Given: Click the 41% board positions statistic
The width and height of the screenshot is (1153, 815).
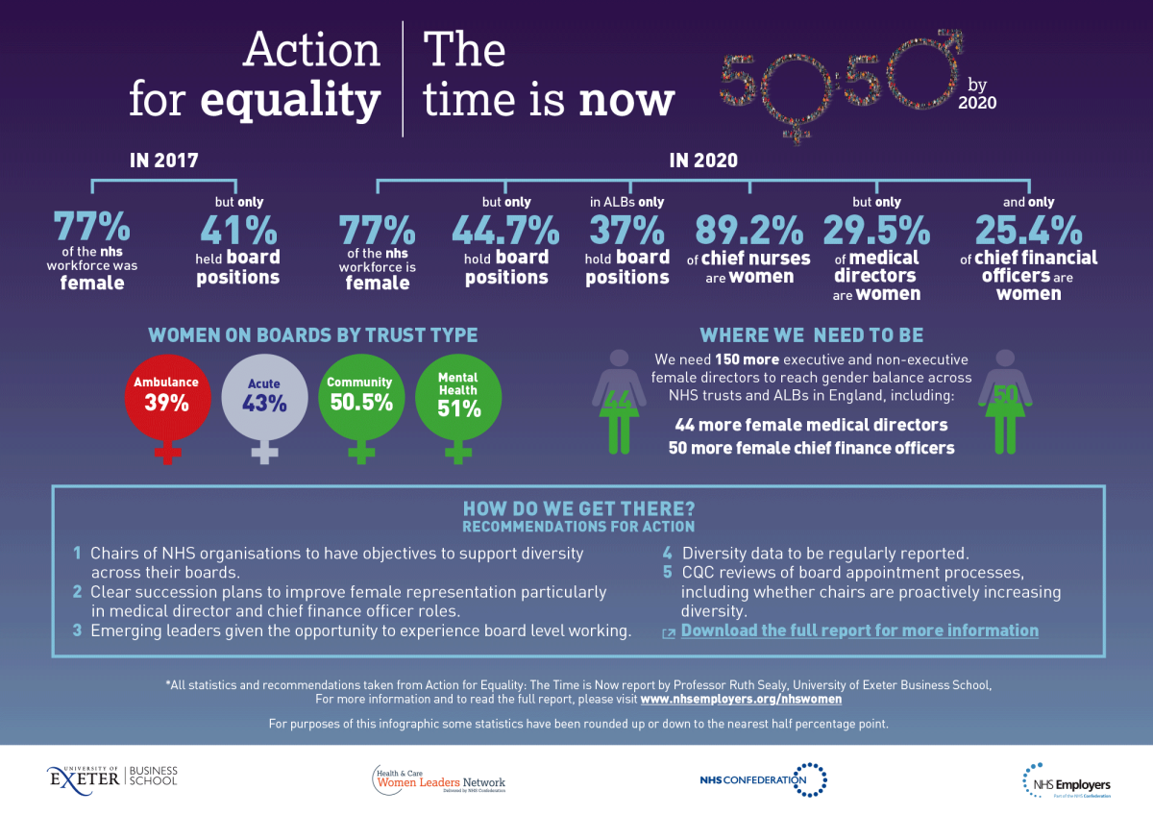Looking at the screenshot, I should [238, 232].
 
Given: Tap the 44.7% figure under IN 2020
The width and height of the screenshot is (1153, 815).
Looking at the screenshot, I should [505, 232].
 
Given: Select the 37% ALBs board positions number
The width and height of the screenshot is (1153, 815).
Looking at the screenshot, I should [626, 231].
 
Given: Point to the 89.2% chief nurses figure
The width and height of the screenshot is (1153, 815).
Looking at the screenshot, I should [748, 232].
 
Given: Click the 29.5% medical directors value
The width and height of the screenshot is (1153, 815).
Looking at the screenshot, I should [876, 232].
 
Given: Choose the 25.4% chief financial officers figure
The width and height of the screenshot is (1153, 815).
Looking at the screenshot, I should [1028, 232].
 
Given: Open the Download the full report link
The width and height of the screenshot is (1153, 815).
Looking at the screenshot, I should [859, 630].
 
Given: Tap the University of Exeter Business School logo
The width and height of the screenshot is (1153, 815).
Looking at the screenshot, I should [112, 776].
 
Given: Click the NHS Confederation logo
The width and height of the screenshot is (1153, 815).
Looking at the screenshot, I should [764, 778].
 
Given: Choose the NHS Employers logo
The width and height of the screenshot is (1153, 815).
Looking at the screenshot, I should [1066, 778].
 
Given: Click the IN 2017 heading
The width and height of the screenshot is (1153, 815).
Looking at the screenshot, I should [164, 161].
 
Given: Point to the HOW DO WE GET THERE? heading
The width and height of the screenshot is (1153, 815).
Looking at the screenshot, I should [578, 509].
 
